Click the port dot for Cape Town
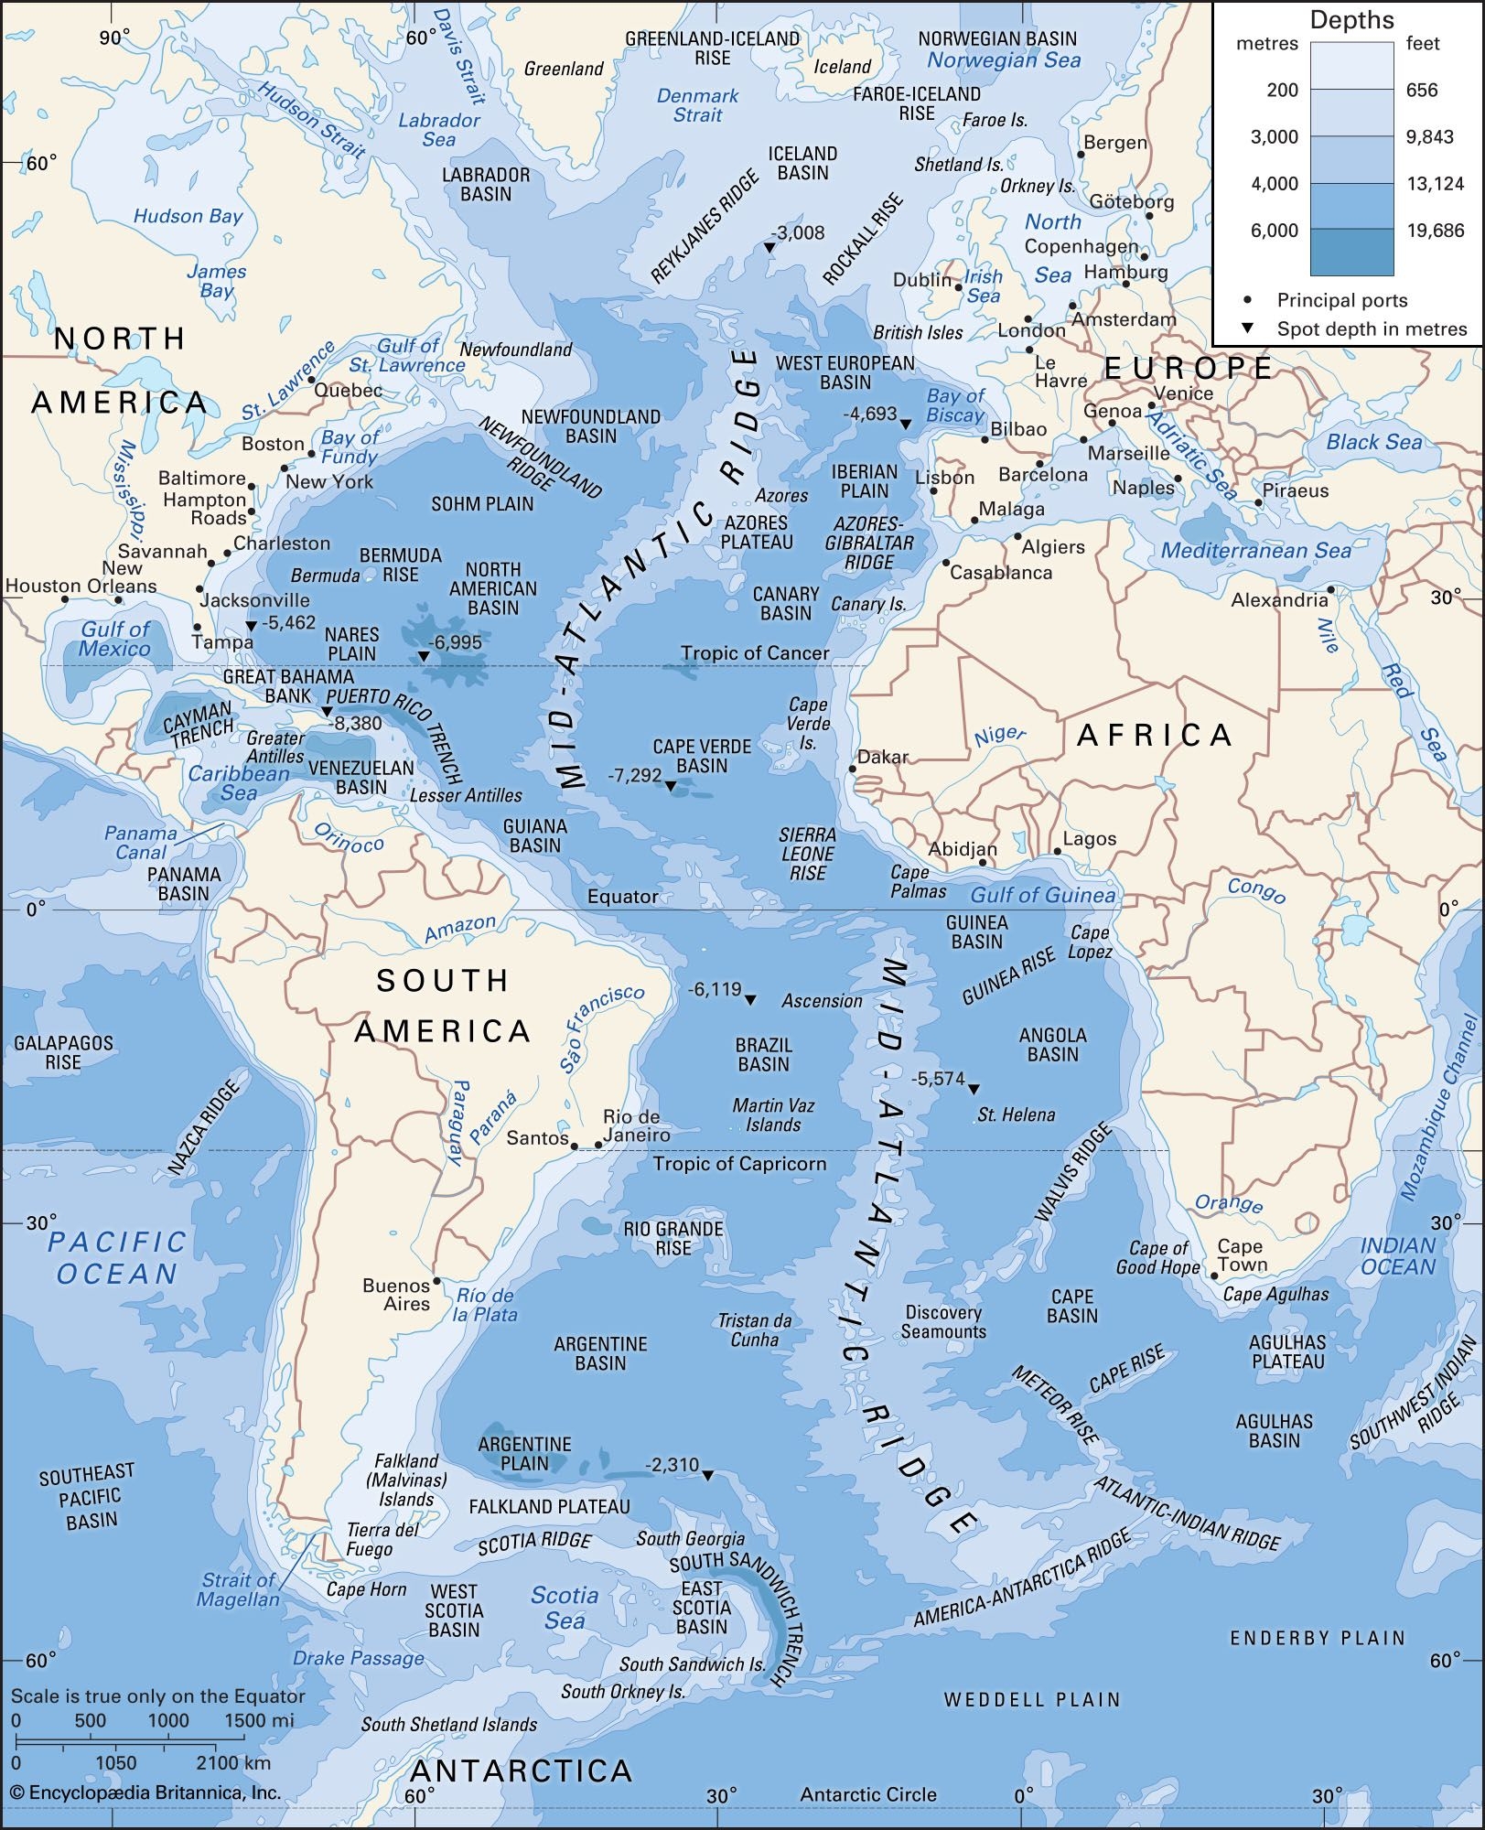point(1214,1275)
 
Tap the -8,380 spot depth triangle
point(327,712)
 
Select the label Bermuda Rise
point(400,565)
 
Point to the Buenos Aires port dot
point(436,1280)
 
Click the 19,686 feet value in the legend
point(1436,231)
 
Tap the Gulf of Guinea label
point(1043,895)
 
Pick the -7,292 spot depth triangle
point(670,786)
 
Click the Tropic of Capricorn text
point(739,1164)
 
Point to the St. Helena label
point(1016,1114)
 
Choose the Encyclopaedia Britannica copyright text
point(142,1792)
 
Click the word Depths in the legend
point(1351,20)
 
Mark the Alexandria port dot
point(1330,588)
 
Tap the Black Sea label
point(1374,442)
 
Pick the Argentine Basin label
point(600,1353)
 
